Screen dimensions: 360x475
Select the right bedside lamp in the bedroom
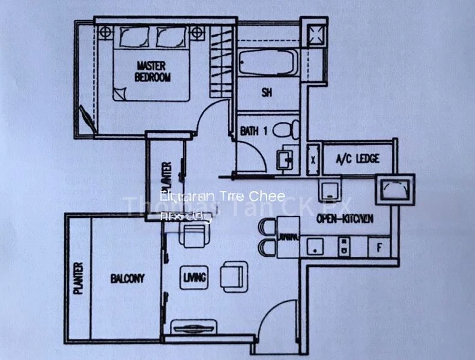click(x=197, y=32)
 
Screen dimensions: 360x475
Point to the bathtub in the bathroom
click(x=267, y=62)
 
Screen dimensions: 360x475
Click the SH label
click(x=267, y=92)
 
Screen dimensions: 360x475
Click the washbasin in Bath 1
click(x=284, y=160)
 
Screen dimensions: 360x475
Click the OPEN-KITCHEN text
click(x=345, y=219)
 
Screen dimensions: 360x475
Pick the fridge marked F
click(x=378, y=247)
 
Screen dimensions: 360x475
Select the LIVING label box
click(x=195, y=277)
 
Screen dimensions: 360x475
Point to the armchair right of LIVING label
click(x=233, y=275)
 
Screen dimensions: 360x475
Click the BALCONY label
click(x=127, y=278)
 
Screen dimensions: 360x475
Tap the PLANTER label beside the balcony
click(x=78, y=279)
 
